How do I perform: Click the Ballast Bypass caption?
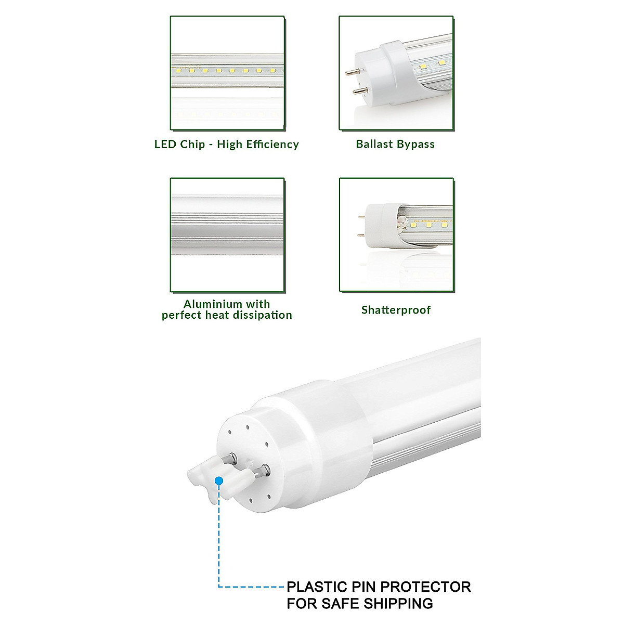(395, 144)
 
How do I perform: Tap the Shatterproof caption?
(396, 310)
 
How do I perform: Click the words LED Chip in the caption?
(179, 145)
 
